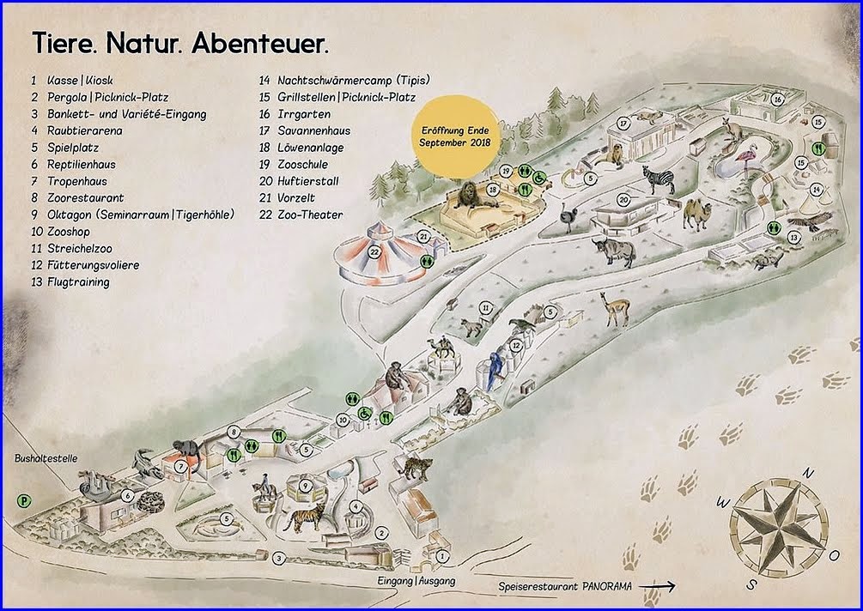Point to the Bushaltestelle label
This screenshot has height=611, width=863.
[x=47, y=459]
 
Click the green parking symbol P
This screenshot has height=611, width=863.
[x=23, y=498]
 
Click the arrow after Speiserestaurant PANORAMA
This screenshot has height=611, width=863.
[x=657, y=586]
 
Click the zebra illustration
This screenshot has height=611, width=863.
[x=659, y=179]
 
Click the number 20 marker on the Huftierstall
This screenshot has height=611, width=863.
[x=624, y=201]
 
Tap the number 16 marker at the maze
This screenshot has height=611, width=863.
[x=776, y=100]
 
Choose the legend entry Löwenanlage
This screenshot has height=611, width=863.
[x=310, y=148]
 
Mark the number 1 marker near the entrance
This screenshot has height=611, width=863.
[x=441, y=556]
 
